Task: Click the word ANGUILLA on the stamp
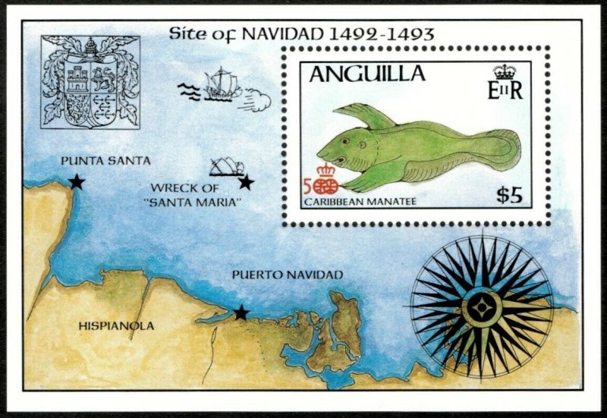click(x=366, y=74)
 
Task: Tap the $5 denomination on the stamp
click(x=509, y=195)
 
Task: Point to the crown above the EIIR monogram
click(x=505, y=72)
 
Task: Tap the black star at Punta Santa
click(x=77, y=181)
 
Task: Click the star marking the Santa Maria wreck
click(x=245, y=182)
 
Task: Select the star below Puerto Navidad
click(x=241, y=313)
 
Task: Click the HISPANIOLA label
click(x=116, y=326)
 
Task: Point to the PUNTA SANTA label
click(x=105, y=161)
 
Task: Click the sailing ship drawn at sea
click(x=220, y=83)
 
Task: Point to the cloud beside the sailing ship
click(x=258, y=99)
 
